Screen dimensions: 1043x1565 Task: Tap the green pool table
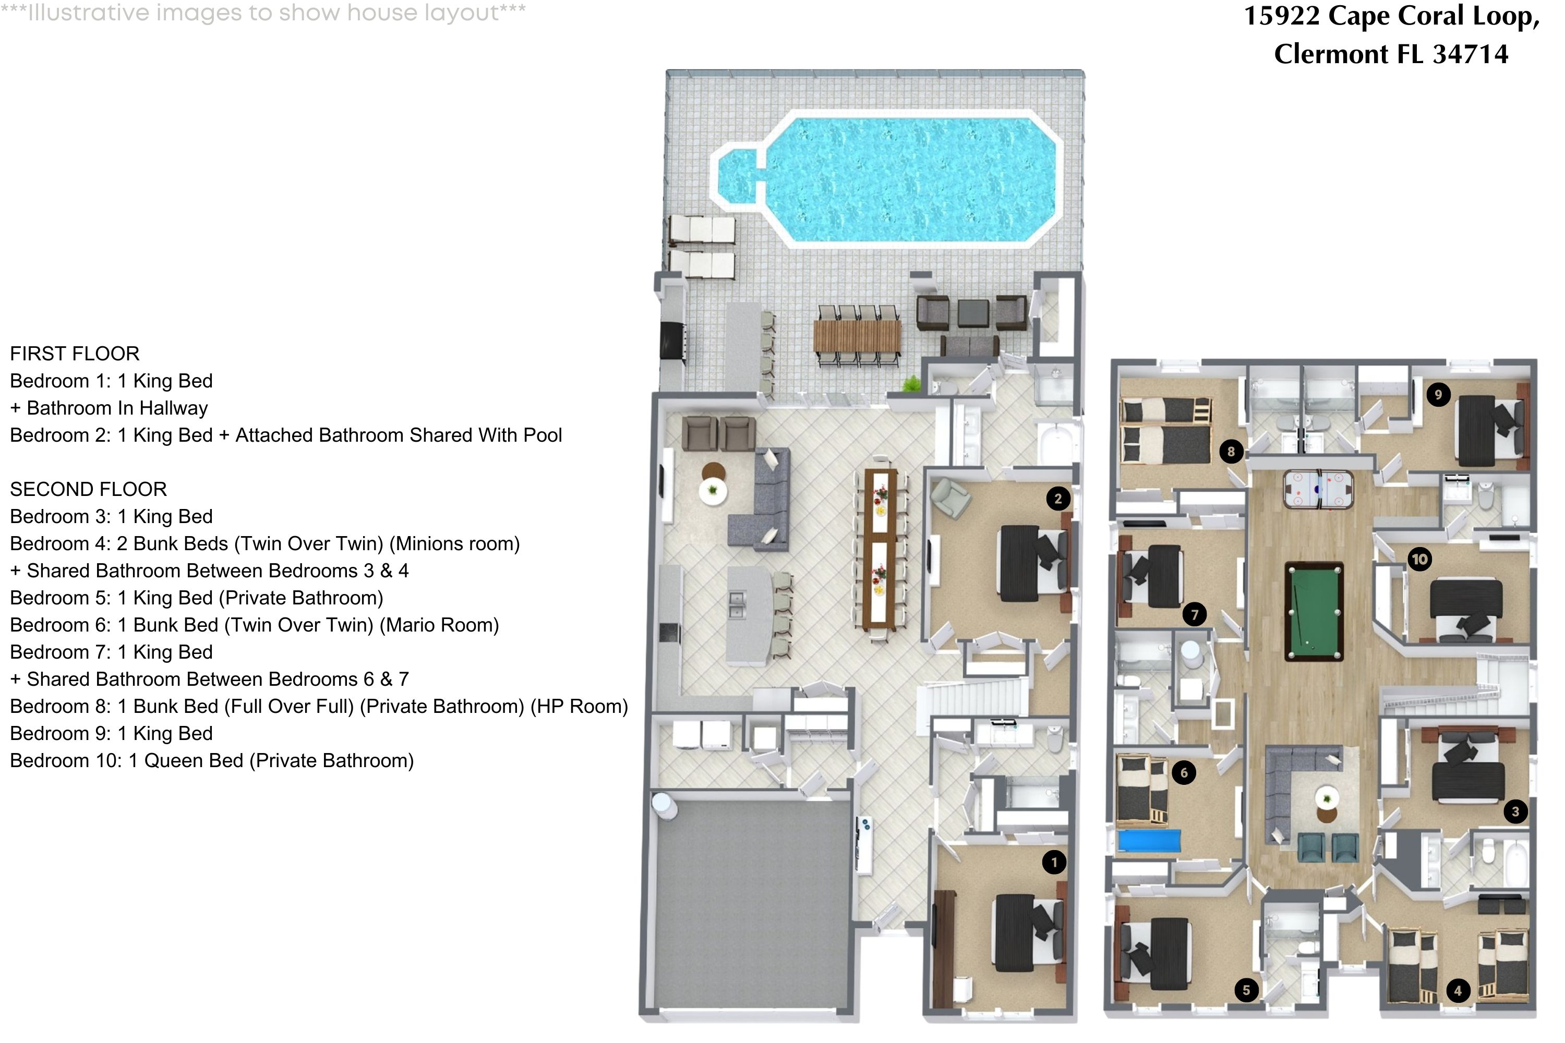[x=1314, y=612]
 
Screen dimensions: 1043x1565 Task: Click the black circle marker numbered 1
[x=1054, y=863]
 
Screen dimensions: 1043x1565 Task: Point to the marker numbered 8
[x=1231, y=452]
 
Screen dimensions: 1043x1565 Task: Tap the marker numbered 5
[x=1246, y=990]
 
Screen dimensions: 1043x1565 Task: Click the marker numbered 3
[x=1516, y=811]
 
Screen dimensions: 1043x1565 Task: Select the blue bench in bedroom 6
[x=1149, y=840]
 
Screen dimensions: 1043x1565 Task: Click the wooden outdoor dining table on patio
[x=857, y=336]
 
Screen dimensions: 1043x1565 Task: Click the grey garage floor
[x=752, y=905]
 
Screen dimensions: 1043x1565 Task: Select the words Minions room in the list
[x=454, y=544]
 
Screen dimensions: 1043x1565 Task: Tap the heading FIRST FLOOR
[x=75, y=354]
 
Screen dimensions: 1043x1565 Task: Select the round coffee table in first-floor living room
[x=713, y=491]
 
